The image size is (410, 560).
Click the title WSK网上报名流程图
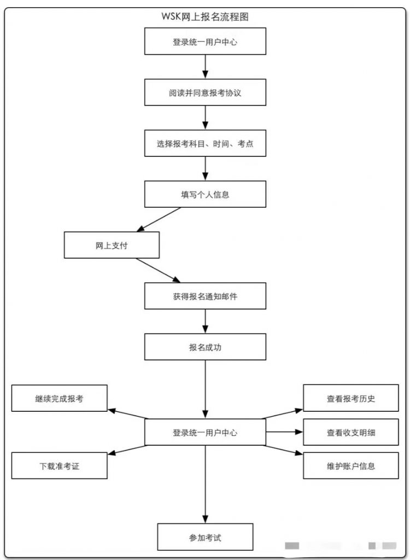(x=205, y=17)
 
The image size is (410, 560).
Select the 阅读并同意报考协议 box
(x=205, y=92)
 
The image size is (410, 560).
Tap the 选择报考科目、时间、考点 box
(x=205, y=143)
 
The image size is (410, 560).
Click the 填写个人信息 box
(x=205, y=194)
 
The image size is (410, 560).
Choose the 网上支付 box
(x=112, y=245)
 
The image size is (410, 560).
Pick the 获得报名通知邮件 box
(x=205, y=296)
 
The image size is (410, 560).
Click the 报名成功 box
(x=205, y=347)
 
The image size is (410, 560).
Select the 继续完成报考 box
(x=59, y=398)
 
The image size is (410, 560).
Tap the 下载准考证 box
(x=59, y=466)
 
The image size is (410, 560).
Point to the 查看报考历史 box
(x=351, y=398)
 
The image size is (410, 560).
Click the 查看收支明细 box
(x=351, y=432)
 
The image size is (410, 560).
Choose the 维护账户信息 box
(x=351, y=466)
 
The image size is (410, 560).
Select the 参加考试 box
(x=205, y=537)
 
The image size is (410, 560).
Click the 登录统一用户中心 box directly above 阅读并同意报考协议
(x=205, y=42)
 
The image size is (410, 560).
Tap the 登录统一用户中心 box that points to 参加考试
(x=205, y=432)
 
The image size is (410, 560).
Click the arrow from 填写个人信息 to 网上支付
(x=159, y=219)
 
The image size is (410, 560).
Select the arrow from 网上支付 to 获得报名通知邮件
(x=158, y=270)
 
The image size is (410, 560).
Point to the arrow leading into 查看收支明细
(x=284, y=432)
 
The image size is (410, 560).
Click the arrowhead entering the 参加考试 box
(x=205, y=519)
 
